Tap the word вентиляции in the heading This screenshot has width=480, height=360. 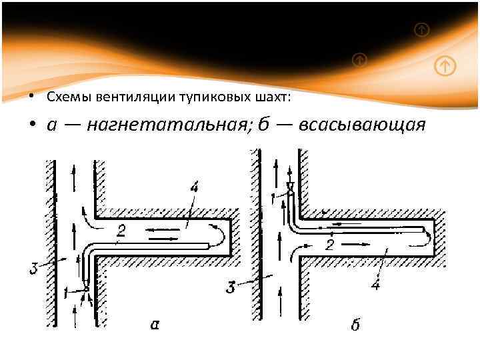[117, 97]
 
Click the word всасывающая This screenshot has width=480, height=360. [361, 126]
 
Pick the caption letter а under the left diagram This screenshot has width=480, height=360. [155, 325]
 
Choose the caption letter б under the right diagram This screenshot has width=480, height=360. [355, 325]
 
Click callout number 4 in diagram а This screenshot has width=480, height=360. [193, 189]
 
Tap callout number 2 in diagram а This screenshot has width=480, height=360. [120, 231]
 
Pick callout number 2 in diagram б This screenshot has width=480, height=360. [330, 245]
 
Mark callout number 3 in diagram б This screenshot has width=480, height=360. [230, 288]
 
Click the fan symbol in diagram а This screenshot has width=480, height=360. [87, 287]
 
